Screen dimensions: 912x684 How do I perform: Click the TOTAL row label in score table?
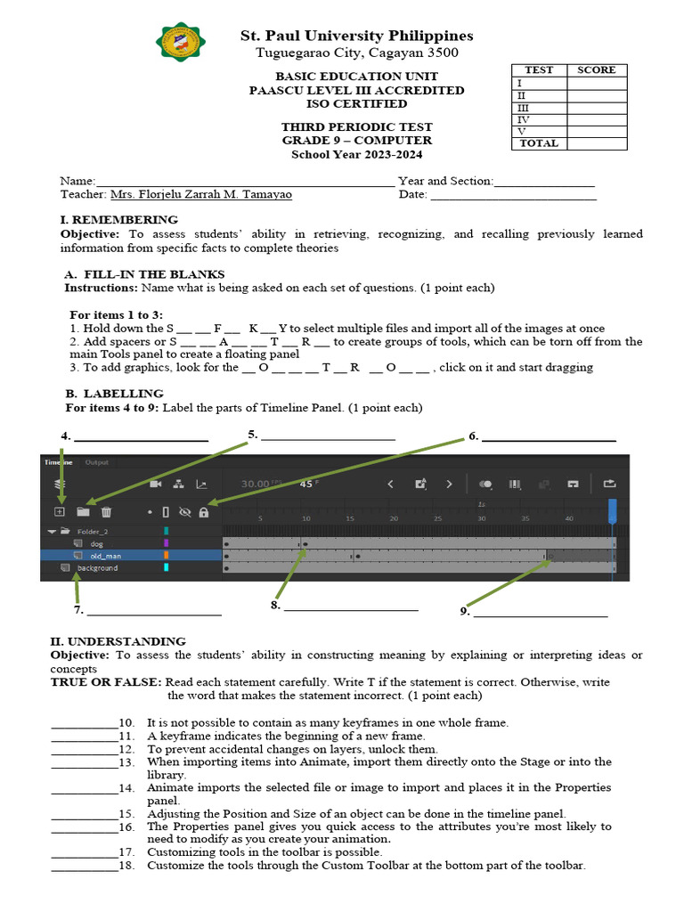(x=539, y=143)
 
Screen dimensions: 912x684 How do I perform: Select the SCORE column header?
(x=597, y=70)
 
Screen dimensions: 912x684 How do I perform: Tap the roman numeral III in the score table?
(x=523, y=107)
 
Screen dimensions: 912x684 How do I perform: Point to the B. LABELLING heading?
(x=114, y=393)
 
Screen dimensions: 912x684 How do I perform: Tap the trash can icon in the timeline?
(x=106, y=512)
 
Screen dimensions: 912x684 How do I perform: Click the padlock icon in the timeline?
(x=204, y=512)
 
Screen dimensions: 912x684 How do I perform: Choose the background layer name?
(x=97, y=567)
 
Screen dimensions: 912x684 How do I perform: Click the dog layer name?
(x=96, y=542)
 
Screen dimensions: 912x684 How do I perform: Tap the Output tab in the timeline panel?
(x=96, y=462)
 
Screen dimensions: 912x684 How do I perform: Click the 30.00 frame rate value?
(x=256, y=484)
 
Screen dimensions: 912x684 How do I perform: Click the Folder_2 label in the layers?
(x=93, y=531)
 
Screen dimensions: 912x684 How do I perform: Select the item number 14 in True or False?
(x=126, y=788)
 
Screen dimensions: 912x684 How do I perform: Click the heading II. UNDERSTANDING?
(x=118, y=640)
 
